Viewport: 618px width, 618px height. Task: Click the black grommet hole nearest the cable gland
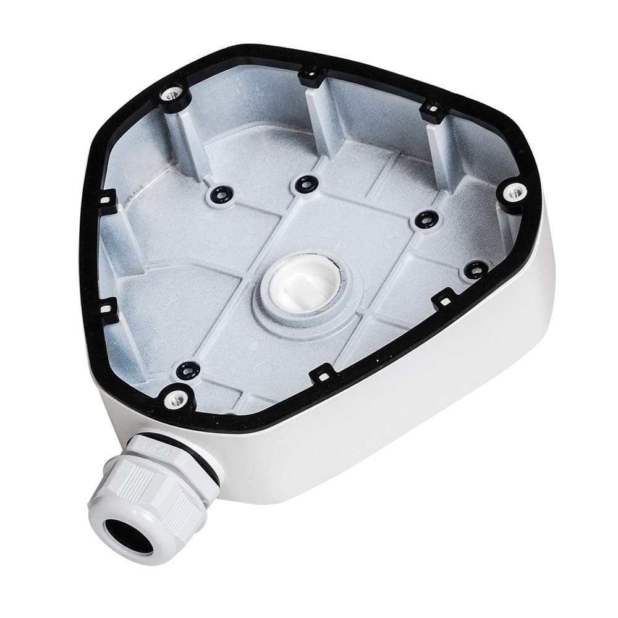(x=185, y=370)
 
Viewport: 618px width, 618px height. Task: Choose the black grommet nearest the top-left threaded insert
(x=219, y=193)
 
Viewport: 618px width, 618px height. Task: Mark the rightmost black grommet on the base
(x=475, y=269)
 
